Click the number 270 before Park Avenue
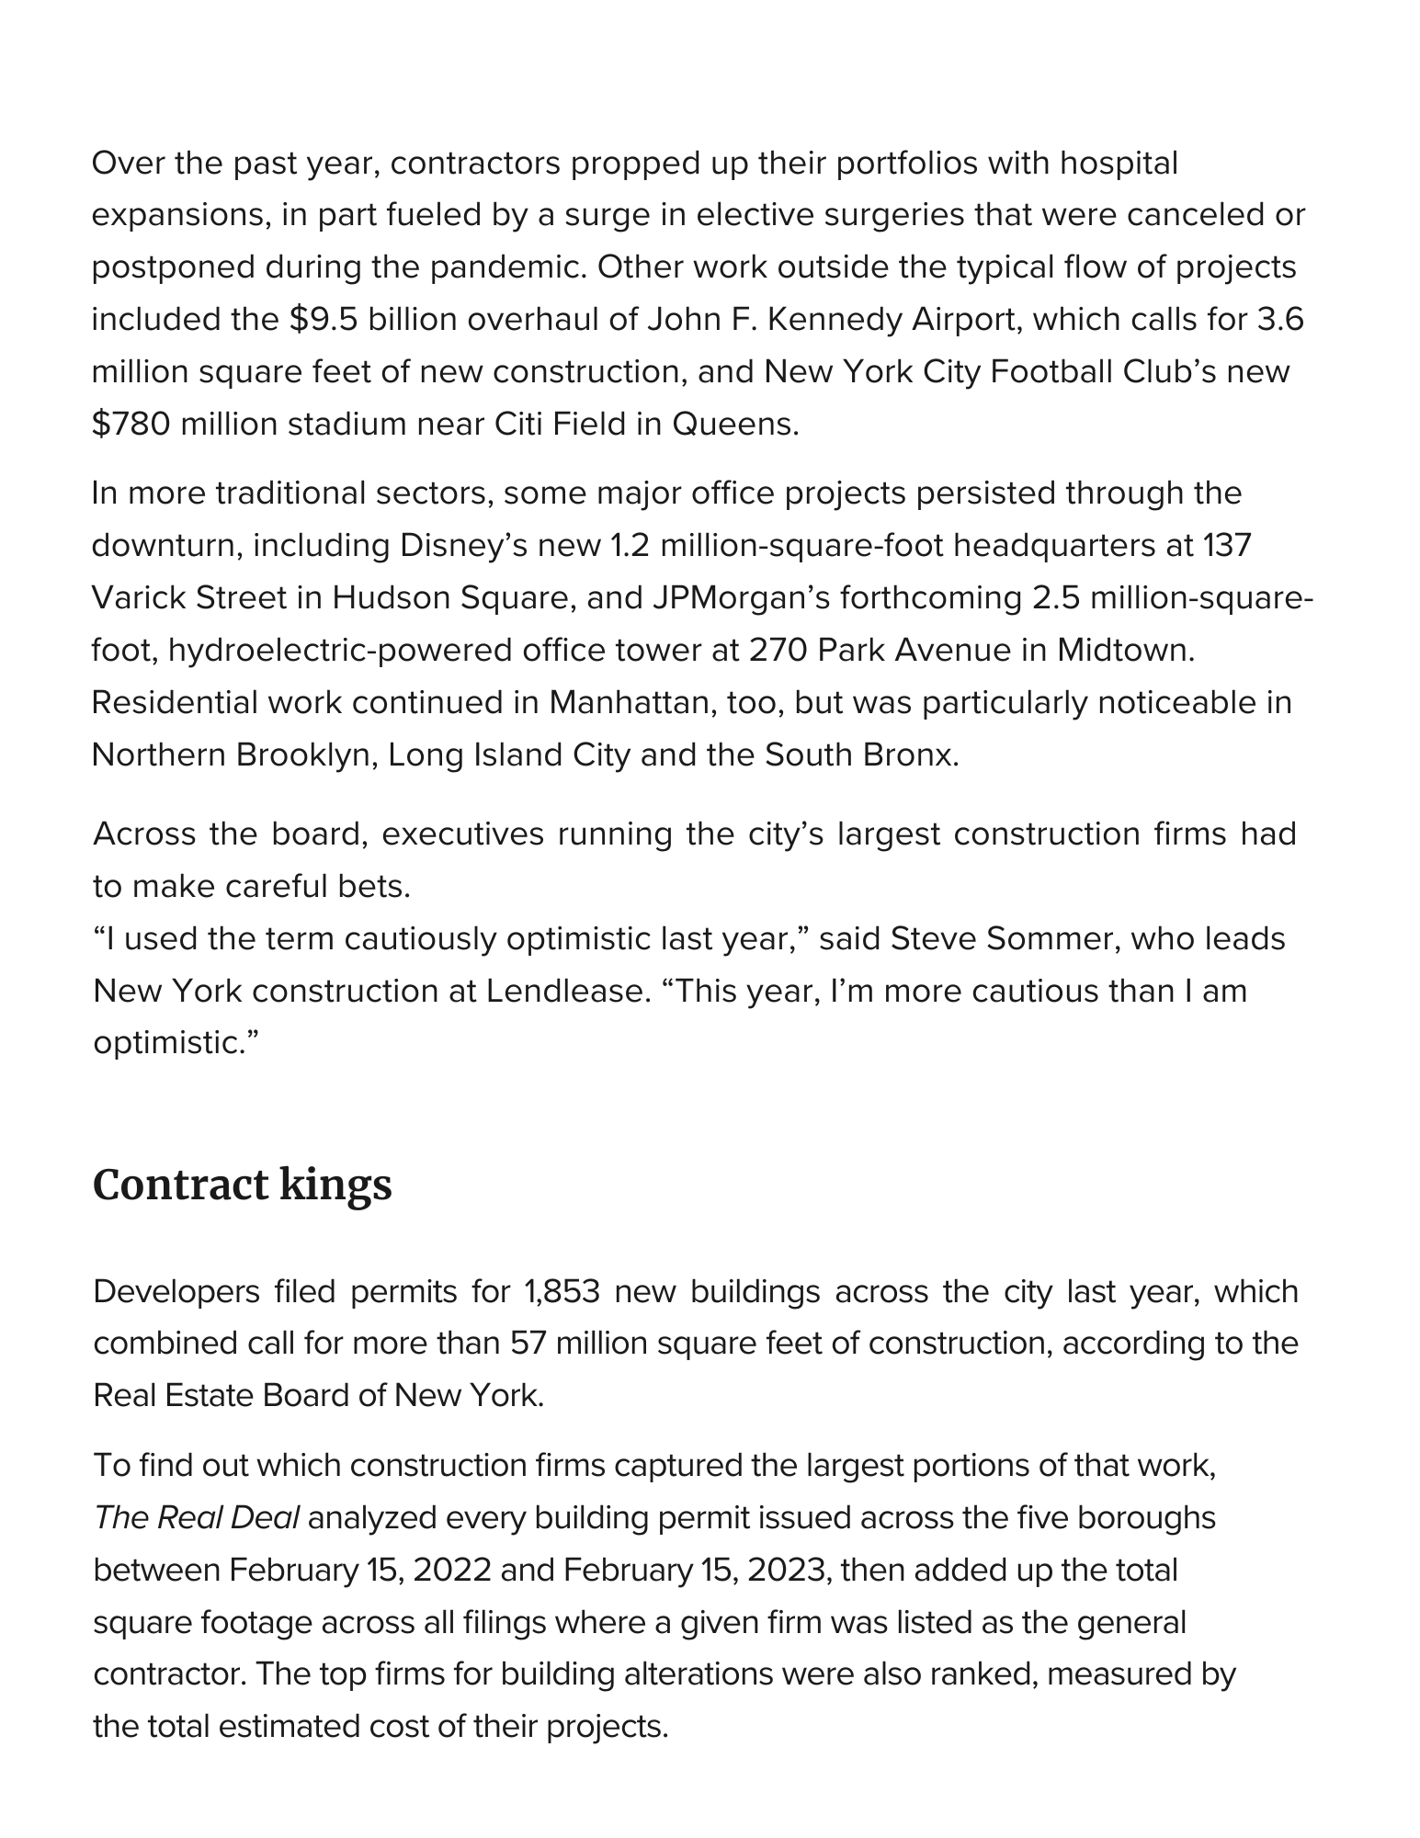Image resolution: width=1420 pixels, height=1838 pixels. tap(778, 651)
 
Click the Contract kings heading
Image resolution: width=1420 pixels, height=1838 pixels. tap(243, 1185)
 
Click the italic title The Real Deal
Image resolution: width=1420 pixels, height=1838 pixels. tap(197, 1517)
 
